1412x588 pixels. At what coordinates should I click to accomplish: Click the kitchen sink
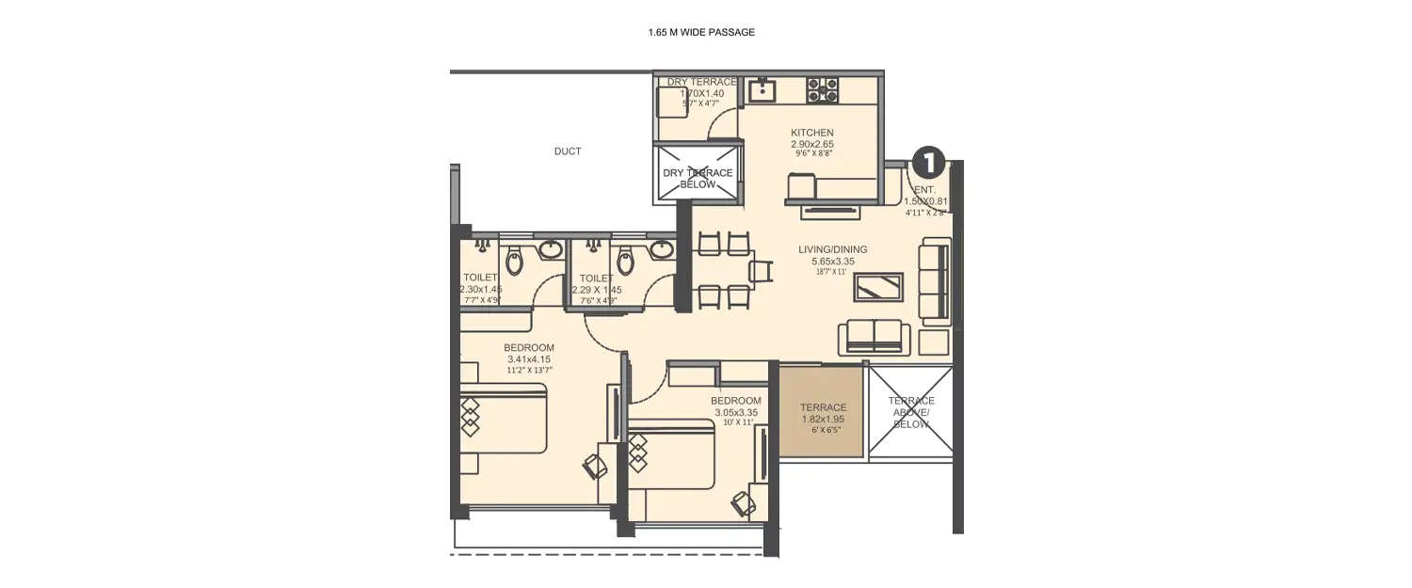coord(761,91)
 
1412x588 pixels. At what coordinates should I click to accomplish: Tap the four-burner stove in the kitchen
coord(822,90)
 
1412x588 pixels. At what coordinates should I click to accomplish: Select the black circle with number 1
coord(927,163)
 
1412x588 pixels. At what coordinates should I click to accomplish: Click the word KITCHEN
coord(811,133)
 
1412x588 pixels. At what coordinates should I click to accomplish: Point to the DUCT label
coord(567,151)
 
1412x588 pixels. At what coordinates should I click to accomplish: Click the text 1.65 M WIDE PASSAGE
coord(701,32)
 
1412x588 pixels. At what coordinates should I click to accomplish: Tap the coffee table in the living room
coord(879,286)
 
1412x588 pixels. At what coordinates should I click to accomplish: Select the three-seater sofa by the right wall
coord(935,278)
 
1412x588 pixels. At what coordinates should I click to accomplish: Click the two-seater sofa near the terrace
coord(874,336)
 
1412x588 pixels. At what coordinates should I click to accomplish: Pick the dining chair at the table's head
coord(761,271)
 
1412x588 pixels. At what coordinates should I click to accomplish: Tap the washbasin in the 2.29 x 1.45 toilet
coord(662,249)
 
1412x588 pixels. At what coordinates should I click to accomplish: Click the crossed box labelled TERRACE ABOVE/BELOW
coord(910,412)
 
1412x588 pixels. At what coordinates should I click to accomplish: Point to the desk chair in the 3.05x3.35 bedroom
coord(744,503)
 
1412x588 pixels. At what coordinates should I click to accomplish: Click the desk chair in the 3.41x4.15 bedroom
coord(595,466)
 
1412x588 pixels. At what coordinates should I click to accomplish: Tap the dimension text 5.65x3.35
coord(832,261)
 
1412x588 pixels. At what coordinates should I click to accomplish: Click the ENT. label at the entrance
coord(924,190)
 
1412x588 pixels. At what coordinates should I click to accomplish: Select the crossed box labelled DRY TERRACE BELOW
coord(697,176)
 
